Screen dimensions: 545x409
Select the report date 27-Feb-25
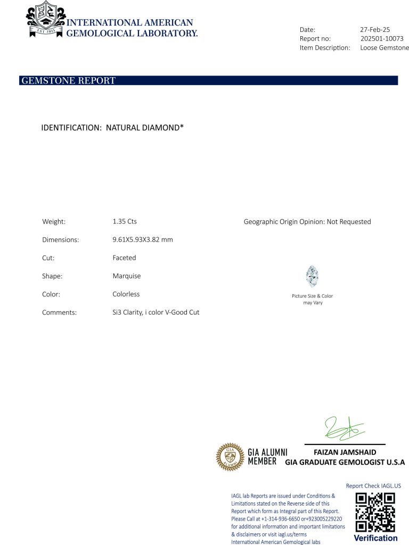(376, 30)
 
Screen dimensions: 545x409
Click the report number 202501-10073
(382, 39)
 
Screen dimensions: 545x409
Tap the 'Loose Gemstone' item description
(385, 48)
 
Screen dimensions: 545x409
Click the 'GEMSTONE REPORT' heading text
(68, 81)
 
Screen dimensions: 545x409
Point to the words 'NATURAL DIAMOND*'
(145, 128)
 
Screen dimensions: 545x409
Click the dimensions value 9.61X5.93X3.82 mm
(139, 240)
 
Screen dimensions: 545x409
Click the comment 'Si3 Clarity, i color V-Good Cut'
(152, 312)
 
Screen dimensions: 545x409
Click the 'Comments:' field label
(59, 313)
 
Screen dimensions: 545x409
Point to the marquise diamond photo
(312, 276)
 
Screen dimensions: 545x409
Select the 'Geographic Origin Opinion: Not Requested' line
(307, 222)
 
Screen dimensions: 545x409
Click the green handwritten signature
(344, 428)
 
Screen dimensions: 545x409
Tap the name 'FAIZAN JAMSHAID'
(345, 452)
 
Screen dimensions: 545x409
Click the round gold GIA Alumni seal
(230, 457)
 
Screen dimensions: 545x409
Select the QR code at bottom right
(375, 512)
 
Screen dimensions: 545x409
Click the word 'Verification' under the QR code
(375, 538)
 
